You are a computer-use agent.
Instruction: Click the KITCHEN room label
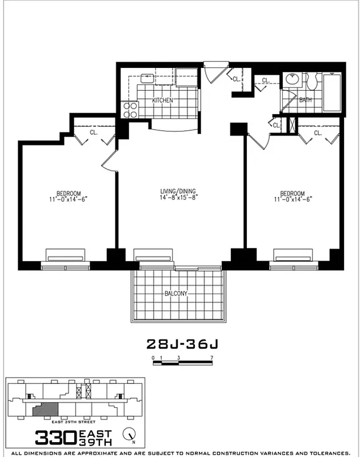tap(162, 101)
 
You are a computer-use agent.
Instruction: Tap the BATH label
tap(306, 100)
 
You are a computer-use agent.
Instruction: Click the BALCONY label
tap(176, 294)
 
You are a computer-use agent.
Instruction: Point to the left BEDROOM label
tap(68, 193)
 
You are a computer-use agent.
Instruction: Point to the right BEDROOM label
tap(293, 193)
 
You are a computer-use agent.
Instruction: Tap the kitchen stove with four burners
tap(130, 109)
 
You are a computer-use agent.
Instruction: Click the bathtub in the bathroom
tap(332, 91)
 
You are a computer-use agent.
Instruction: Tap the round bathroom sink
tap(292, 80)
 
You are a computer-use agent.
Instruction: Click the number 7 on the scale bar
tap(211, 357)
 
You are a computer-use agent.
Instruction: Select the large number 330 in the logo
tap(55, 437)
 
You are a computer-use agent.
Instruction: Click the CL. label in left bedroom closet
tap(94, 133)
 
